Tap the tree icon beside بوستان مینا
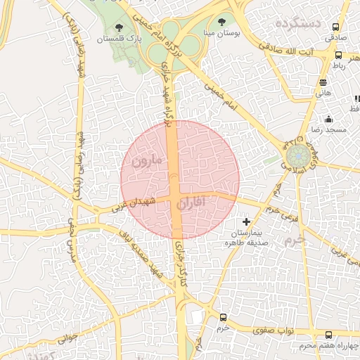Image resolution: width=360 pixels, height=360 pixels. click(x=223, y=22)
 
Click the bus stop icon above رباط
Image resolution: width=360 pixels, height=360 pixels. click(x=338, y=55)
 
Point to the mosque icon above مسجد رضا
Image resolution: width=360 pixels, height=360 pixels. click(x=328, y=120)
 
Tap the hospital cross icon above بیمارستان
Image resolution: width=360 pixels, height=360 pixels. click(x=246, y=221)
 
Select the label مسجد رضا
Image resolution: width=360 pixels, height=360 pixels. click(x=328, y=131)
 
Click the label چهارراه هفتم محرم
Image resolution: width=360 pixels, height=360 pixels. click(x=328, y=346)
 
